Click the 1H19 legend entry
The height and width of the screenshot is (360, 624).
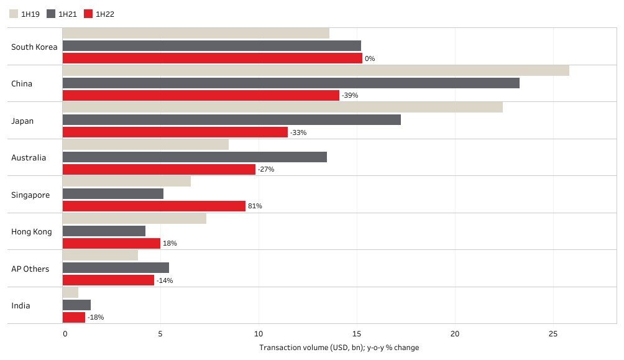pyautogui.click(x=25, y=14)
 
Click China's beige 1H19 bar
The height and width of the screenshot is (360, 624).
pyautogui.click(x=316, y=70)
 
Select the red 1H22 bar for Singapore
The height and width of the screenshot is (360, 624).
pyautogui.click(x=154, y=206)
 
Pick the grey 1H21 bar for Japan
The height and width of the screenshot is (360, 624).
pyautogui.click(x=232, y=119)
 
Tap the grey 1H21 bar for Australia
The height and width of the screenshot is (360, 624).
pyautogui.click(x=195, y=157)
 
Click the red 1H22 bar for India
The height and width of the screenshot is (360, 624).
pyautogui.click(x=74, y=317)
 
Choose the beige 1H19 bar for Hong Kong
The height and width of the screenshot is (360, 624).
pyautogui.click(x=134, y=218)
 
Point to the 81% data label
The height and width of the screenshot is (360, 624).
pyautogui.click(x=255, y=206)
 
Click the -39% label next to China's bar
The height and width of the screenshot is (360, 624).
pyautogui.click(x=350, y=96)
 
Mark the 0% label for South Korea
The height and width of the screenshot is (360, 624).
pyautogui.click(x=370, y=58)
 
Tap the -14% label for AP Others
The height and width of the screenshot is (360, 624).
pyautogui.click(x=165, y=280)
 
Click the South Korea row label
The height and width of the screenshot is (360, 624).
pyautogui.click(x=34, y=47)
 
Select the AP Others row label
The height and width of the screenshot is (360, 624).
pyautogui.click(x=30, y=269)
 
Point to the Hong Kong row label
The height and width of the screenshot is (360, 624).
pyautogui.click(x=32, y=232)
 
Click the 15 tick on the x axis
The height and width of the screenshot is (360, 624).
pyautogui.click(x=357, y=335)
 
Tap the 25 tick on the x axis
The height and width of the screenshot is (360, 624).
pyautogui.click(x=553, y=335)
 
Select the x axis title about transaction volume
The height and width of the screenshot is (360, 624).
pyautogui.click(x=339, y=348)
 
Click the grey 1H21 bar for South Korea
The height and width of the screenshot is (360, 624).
pyautogui.click(x=212, y=45)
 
